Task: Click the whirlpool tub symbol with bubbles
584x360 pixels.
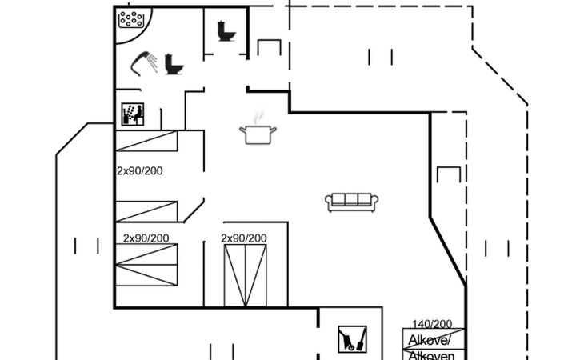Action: [133, 19]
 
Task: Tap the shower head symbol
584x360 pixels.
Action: [145, 61]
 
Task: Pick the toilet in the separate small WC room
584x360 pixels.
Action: [226, 30]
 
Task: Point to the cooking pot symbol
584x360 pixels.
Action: [258, 134]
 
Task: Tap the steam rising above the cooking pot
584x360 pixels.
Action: [258, 118]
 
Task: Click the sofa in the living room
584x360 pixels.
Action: [352, 202]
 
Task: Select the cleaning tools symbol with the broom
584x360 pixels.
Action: [351, 338]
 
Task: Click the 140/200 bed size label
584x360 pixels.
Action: [432, 324]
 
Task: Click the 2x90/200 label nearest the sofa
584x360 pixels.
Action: [244, 238]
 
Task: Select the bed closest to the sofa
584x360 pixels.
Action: [245, 276]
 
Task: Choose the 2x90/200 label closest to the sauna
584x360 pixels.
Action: [139, 170]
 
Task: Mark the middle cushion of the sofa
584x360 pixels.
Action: [352, 200]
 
